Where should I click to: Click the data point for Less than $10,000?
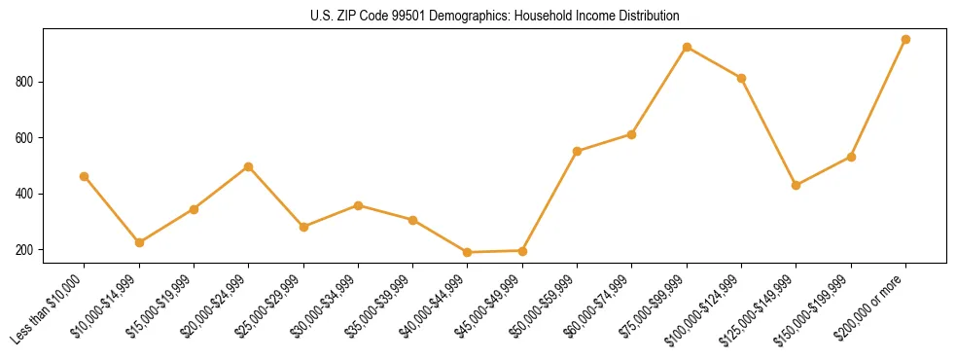pyautogui.click(x=84, y=176)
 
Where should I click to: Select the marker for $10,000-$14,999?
pyautogui.click(x=139, y=242)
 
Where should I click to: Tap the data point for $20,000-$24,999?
pyautogui.click(x=248, y=166)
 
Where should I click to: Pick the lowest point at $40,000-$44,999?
pyautogui.click(x=468, y=252)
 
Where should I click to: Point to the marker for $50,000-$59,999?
pyautogui.click(x=577, y=151)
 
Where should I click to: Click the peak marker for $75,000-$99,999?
pyautogui.click(x=687, y=47)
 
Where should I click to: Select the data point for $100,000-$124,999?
pyautogui.click(x=741, y=78)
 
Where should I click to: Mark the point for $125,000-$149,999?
pyautogui.click(x=796, y=185)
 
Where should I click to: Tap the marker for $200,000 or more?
pyautogui.click(x=905, y=39)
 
